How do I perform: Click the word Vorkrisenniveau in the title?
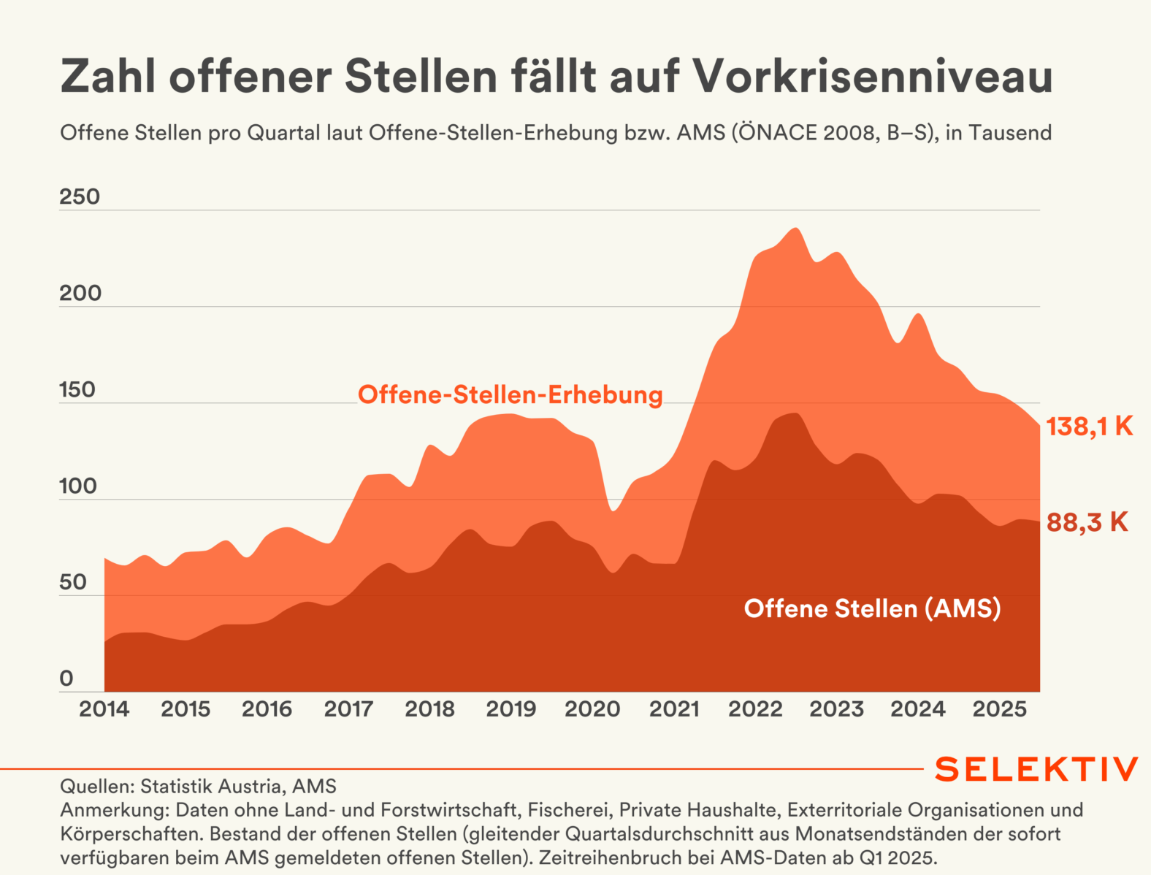click(871, 76)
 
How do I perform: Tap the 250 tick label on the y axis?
click(80, 196)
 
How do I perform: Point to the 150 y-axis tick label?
click(77, 389)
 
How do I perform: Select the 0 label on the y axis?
click(66, 679)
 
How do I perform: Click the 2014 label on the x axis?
click(104, 708)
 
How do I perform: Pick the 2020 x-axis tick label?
click(592, 708)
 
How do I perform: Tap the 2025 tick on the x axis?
click(999, 708)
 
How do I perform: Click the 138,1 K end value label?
click(1089, 427)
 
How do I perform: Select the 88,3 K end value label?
click(1087, 522)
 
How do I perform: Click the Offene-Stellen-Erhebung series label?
click(510, 395)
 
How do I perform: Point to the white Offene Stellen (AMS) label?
click(872, 608)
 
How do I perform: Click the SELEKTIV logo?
click(1036, 769)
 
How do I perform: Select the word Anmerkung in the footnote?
click(114, 810)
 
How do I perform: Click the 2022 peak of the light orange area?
click(795, 229)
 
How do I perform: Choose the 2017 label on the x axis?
click(348, 708)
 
